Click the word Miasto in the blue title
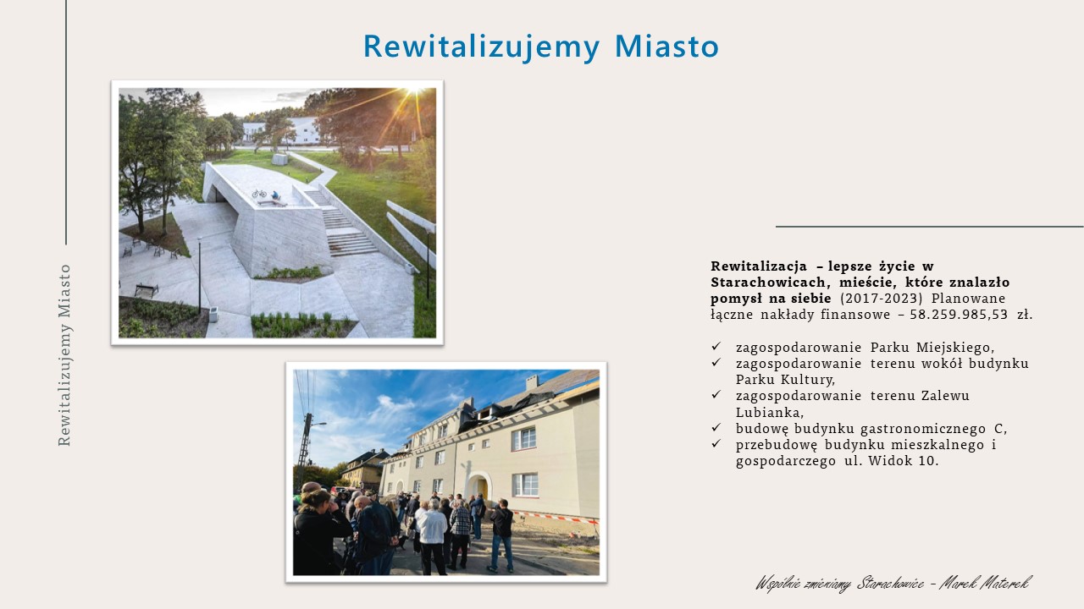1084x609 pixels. coord(666,47)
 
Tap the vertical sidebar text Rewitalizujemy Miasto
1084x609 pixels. coord(64,355)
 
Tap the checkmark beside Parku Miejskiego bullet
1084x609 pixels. coord(716,346)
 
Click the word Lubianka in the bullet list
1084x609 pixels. coord(770,412)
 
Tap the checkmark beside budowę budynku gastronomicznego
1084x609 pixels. coord(716,427)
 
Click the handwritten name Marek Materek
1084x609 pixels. coord(985,584)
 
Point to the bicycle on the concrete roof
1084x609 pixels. coord(259,194)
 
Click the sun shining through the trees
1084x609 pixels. coord(415,91)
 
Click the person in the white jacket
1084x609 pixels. coord(432,536)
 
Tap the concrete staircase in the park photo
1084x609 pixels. coord(341,223)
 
